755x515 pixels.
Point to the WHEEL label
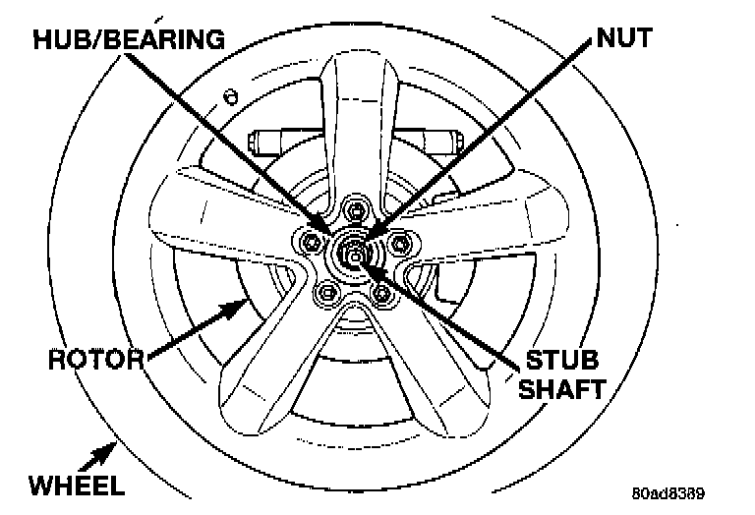click(76, 485)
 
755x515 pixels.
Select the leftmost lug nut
click(312, 242)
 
